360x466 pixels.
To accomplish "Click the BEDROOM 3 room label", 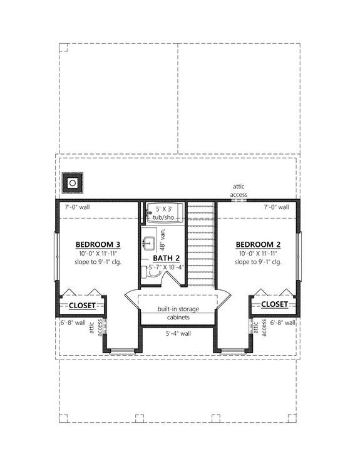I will coord(98,244).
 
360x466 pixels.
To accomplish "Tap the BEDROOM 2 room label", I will coord(257,244).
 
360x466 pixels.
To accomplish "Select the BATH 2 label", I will coord(166,258).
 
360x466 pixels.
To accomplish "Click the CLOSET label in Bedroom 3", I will coord(82,305).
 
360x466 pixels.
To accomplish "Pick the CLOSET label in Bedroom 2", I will coord(274,304).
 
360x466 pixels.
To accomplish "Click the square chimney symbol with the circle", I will coord(73,183).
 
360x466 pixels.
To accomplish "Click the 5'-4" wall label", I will coord(178,334).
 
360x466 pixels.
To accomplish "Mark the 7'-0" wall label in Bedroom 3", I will coord(77,207).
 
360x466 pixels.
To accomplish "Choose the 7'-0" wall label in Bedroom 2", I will coord(275,207).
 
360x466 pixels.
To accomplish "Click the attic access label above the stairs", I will coord(239,190).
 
